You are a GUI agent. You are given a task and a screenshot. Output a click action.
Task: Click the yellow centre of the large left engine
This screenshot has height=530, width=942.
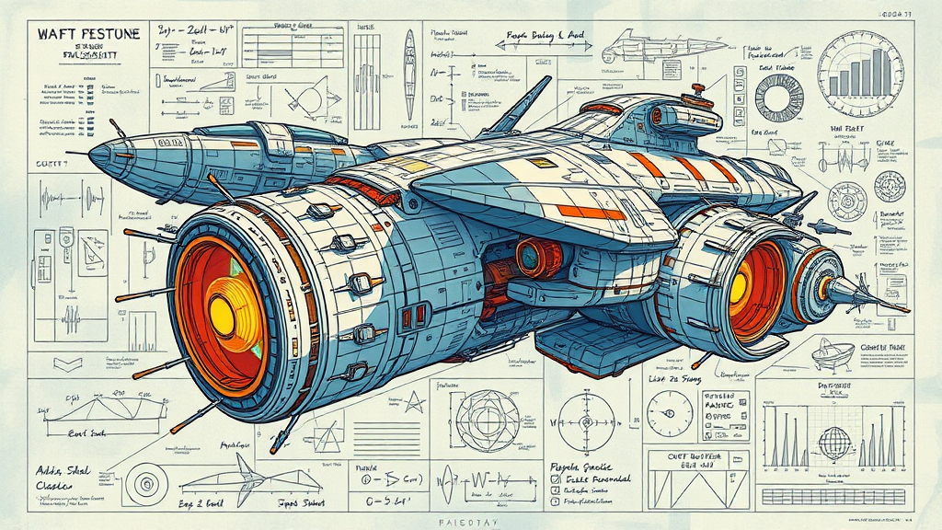pyautogui.click(x=224, y=316)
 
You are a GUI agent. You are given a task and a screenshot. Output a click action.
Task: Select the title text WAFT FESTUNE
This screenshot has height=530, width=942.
pyautogui.click(x=88, y=34)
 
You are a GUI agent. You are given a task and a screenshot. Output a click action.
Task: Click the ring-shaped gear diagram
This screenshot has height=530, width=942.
pyautogui.click(x=778, y=98)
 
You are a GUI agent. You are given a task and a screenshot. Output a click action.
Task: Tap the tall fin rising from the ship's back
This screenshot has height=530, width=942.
pyautogui.click(x=521, y=105)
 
